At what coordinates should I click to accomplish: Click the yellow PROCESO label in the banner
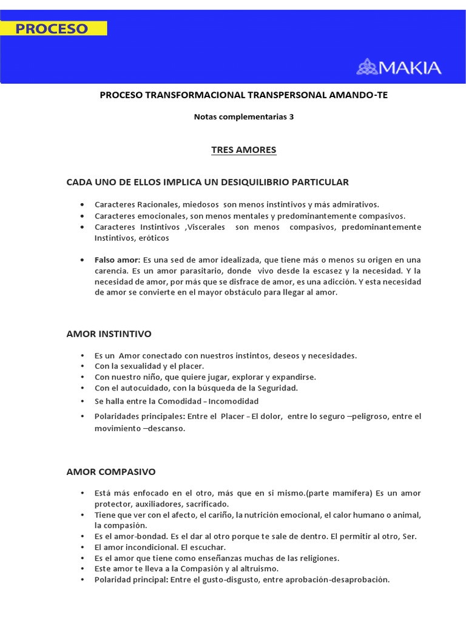point(53,29)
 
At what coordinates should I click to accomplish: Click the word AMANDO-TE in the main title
point(366,95)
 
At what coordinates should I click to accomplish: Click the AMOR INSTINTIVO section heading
point(109,334)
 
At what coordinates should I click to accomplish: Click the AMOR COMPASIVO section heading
point(111,471)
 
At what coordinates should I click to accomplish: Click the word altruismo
point(258,568)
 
